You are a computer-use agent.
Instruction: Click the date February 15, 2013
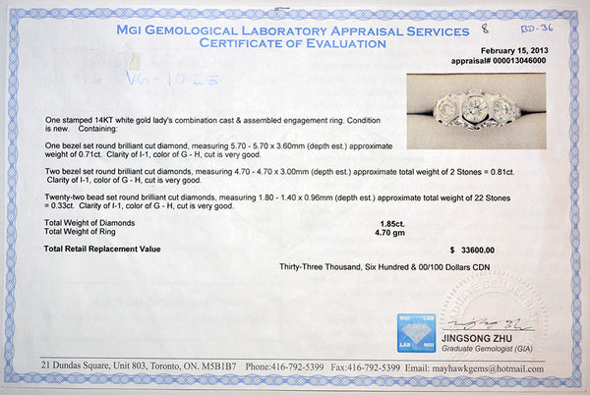[512, 51]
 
